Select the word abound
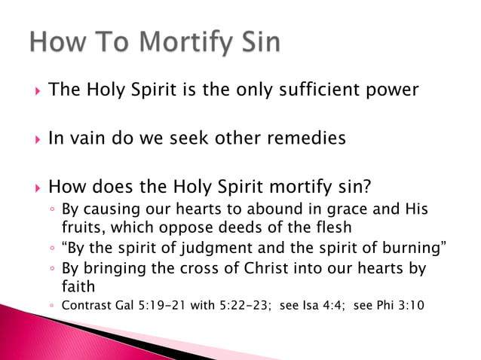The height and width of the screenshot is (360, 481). (x=274, y=209)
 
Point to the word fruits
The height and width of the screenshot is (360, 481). (x=81, y=227)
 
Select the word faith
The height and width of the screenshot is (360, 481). (x=78, y=286)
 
